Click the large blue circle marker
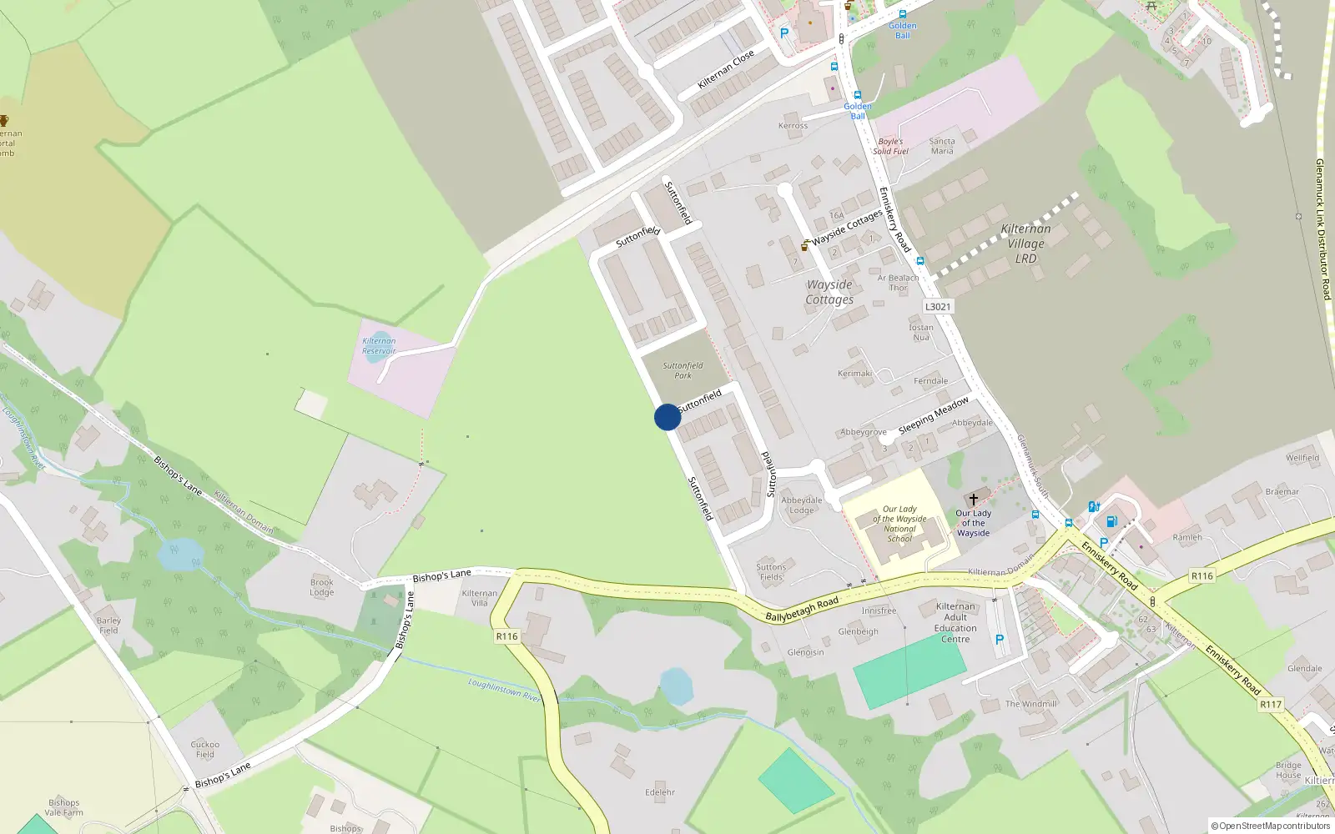[667, 417]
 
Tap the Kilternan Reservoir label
[379, 345]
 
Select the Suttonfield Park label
[683, 370]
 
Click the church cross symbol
[973, 500]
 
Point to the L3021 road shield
[937, 306]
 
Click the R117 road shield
[1270, 705]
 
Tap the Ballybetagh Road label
[802, 609]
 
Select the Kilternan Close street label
[726, 69]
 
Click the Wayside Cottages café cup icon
[804, 246]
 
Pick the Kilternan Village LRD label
[1025, 244]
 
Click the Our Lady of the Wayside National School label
[899, 524]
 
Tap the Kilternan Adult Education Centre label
[955, 623]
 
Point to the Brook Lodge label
[322, 587]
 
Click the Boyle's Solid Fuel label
[890, 146]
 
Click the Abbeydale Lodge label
[801, 505]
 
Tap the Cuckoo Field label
[205, 749]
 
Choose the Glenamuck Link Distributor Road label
[1322, 229]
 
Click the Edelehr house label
[660, 792]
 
